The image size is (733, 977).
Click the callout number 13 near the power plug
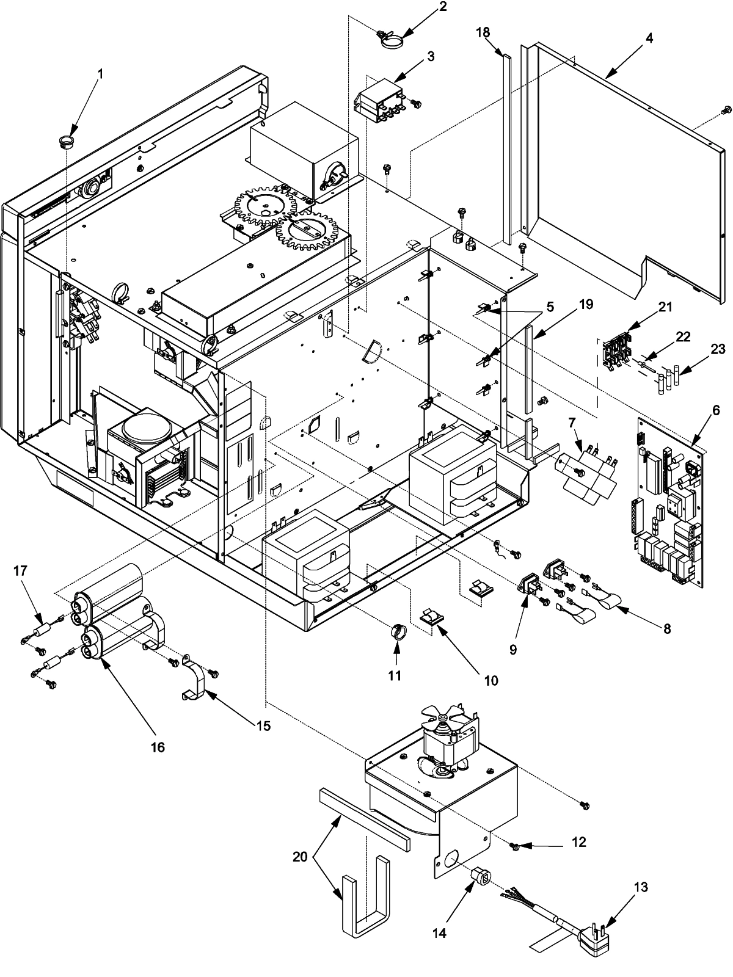641,887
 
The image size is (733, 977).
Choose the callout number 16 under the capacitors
158,747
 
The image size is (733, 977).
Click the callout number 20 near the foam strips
300,857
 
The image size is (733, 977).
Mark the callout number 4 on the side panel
649,38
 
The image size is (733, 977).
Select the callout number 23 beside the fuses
718,349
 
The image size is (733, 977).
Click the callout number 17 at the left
21,570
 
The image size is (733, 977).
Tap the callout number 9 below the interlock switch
513,650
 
